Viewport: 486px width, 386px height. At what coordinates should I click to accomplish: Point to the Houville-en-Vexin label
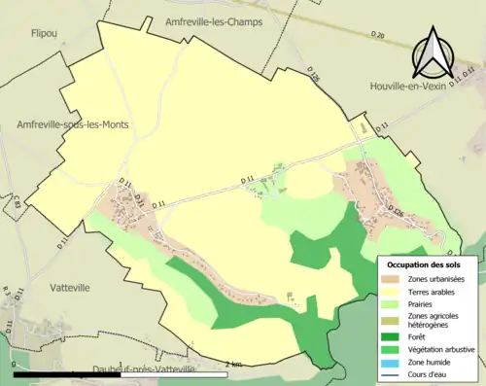point(427,88)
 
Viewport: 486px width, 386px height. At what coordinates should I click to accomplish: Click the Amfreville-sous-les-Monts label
point(73,124)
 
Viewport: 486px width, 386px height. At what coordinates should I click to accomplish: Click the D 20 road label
point(378,37)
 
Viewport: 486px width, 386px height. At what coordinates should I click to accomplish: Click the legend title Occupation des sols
point(426,264)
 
